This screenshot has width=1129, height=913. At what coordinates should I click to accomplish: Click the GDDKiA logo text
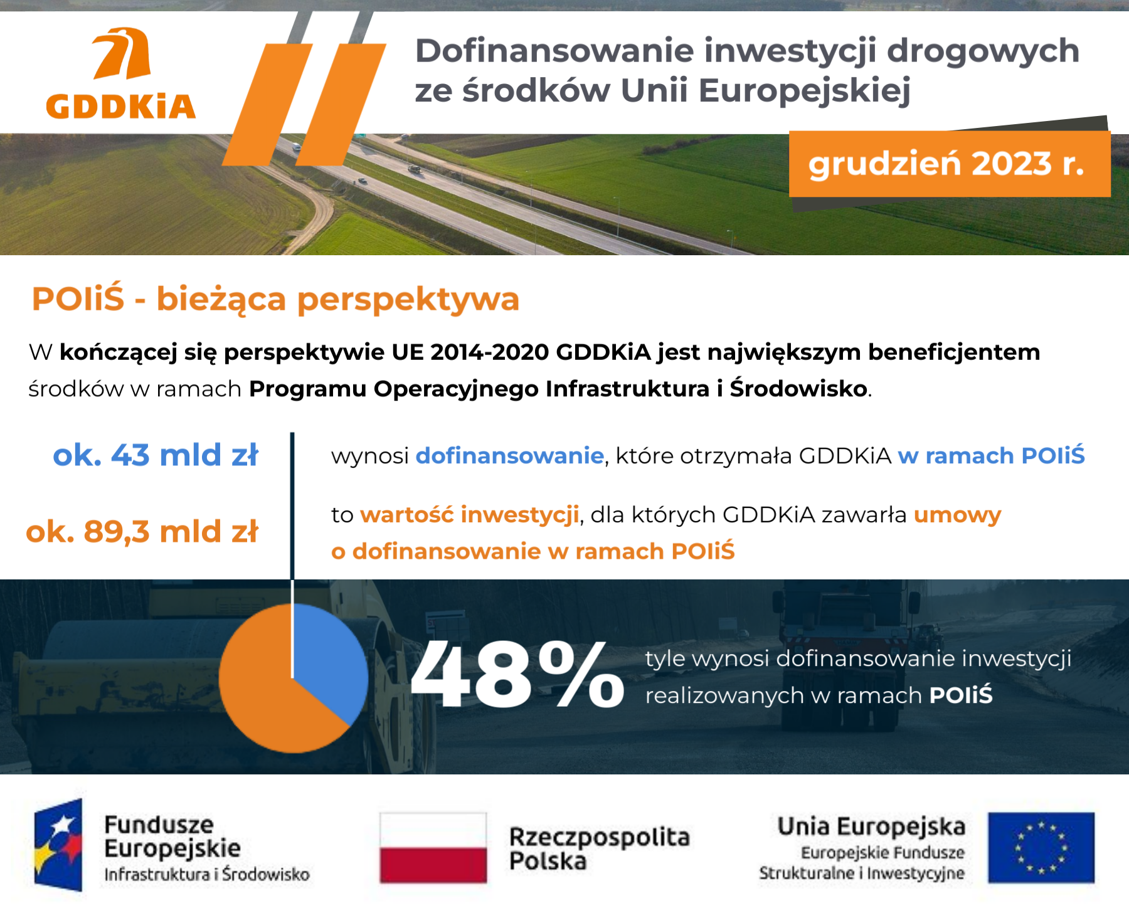[x=121, y=107]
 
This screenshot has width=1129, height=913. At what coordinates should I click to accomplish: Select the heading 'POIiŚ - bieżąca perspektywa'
[x=275, y=298]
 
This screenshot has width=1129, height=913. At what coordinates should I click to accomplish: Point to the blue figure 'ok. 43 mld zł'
[x=156, y=455]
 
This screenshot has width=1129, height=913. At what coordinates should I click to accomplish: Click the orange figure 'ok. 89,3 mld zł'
[x=142, y=532]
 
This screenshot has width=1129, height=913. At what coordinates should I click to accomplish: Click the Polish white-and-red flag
[x=433, y=848]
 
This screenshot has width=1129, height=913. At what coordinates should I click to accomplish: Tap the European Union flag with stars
[x=1041, y=848]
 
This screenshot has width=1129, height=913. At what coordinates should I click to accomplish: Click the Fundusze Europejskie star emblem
[x=58, y=845]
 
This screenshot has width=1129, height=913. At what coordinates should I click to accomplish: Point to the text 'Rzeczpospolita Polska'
[x=599, y=848]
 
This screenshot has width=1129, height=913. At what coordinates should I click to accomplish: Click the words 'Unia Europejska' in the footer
[x=871, y=826]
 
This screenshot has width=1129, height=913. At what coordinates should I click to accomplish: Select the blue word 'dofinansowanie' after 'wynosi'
[x=509, y=456]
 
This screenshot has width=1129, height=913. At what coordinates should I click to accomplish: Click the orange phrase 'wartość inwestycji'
[x=469, y=515]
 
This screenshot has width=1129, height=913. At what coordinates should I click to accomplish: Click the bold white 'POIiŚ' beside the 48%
[x=960, y=695]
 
